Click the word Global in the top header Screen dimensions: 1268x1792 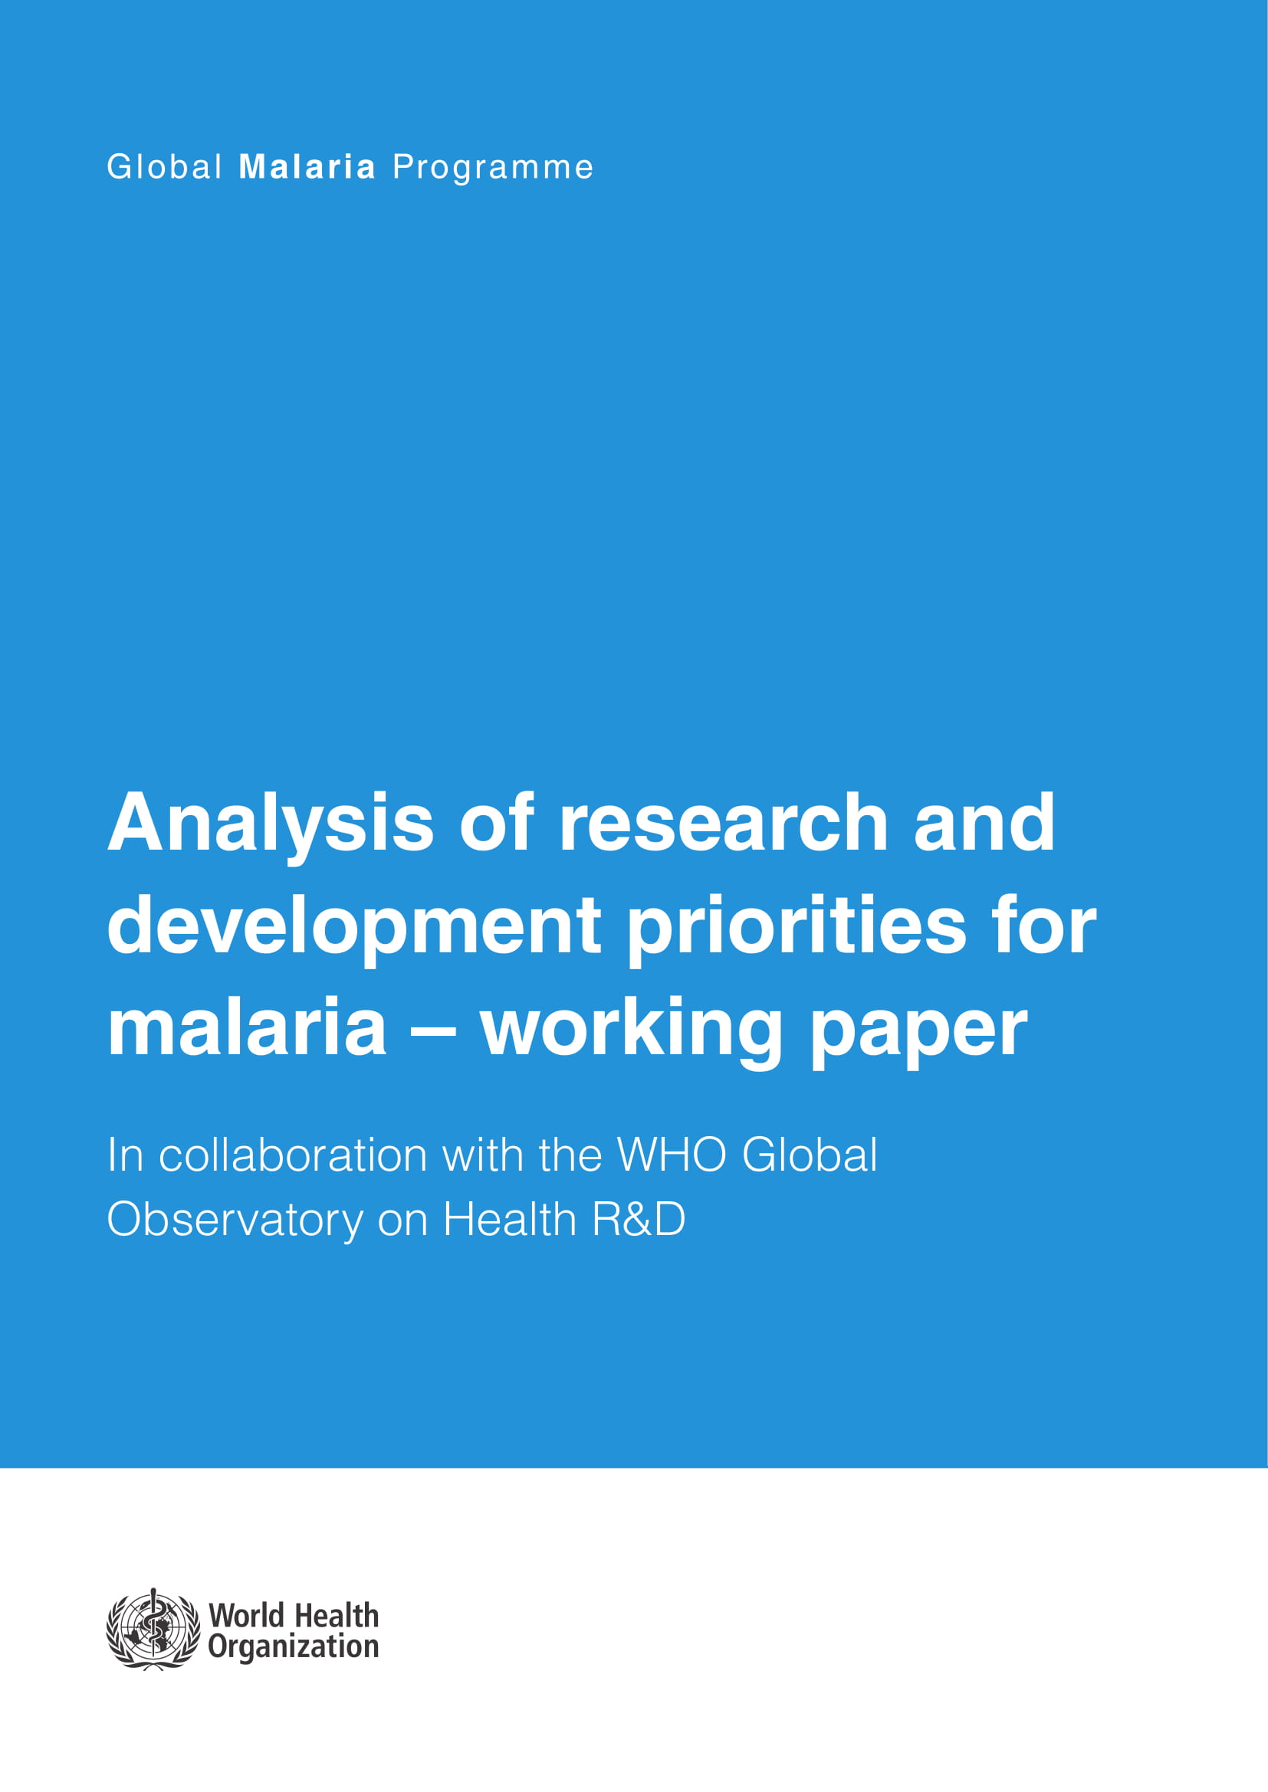165,167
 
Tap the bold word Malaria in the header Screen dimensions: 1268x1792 307,167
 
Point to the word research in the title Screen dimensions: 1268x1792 724,823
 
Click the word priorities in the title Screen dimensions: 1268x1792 797,927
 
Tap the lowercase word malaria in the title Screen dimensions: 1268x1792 247,1029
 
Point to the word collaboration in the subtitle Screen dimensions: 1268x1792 293,1155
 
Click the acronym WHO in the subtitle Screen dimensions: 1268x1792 672,1155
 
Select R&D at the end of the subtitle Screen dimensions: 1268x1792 639,1219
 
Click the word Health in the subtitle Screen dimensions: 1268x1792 510,1219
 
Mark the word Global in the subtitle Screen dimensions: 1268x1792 810,1155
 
